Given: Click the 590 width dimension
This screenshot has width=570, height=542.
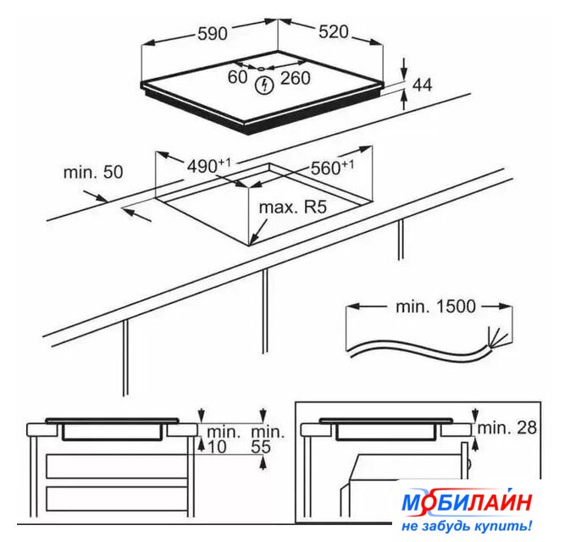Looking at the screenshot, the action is pos(213,34).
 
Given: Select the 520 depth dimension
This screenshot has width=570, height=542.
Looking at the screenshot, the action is pos(334,32).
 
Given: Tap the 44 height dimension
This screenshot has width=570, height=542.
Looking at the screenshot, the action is pos(422,85).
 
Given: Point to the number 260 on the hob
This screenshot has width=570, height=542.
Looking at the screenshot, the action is pos(296,78).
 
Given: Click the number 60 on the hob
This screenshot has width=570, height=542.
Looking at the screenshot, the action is pos(238,77).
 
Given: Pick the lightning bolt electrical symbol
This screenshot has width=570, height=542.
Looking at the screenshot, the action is pos(264,85).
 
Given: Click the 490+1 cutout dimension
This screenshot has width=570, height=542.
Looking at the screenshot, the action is pos(208,166).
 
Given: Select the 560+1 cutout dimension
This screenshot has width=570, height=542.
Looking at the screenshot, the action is pos(332,168).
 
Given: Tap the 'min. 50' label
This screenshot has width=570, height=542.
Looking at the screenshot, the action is pos(93,172).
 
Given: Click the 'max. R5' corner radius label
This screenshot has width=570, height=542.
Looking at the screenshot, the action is pos(293,207).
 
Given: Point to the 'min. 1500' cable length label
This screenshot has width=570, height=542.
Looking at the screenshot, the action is pos(435,307).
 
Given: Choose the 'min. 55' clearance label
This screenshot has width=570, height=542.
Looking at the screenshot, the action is pos(268,440).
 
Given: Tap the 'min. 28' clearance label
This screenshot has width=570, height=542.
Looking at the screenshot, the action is pos(507,428).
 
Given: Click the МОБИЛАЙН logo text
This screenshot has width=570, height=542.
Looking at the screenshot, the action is pos(467,502).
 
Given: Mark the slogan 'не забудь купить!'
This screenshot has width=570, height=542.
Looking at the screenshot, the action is pos(467,526).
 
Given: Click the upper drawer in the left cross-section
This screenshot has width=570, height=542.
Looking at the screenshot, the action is pos(117,467).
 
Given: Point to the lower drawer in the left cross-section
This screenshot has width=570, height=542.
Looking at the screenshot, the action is pos(117,499).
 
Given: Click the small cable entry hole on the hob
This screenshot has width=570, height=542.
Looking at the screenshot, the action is pos(261,69).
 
